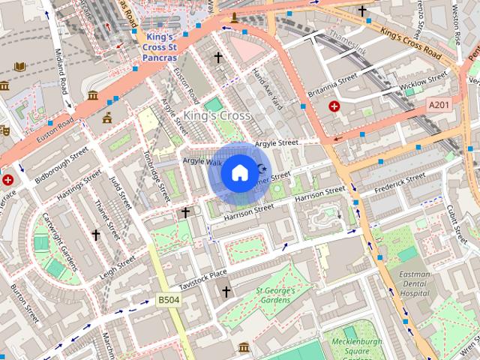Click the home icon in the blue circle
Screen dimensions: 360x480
(238, 173)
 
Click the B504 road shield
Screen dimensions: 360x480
(167, 300)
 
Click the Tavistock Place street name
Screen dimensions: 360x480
(208, 279)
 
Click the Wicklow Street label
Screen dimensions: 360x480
(423, 83)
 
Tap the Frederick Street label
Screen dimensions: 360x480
(400, 181)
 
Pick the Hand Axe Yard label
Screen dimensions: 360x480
(265, 88)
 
